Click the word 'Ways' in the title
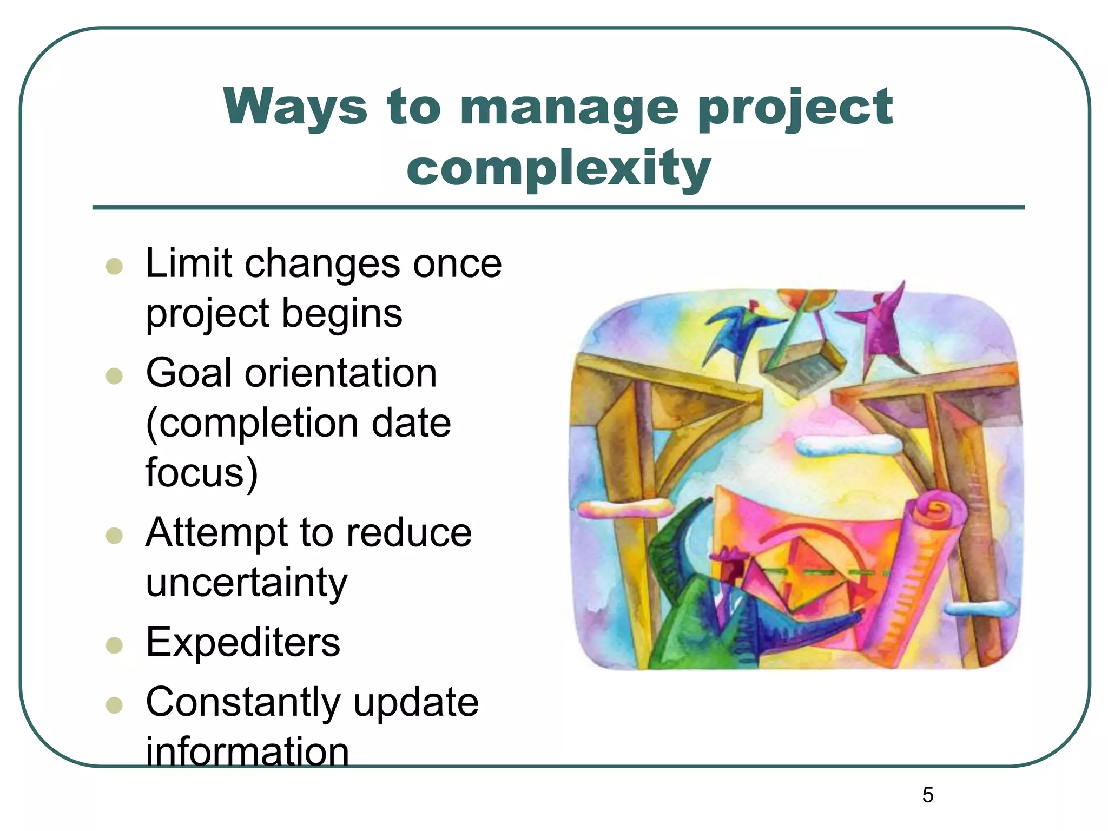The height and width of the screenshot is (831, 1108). [295, 107]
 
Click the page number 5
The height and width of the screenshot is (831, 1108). [927, 795]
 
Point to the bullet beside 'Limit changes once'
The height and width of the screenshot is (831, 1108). [114, 266]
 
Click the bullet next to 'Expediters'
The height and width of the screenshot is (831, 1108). [114, 645]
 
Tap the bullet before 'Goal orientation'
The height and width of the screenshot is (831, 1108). [114, 375]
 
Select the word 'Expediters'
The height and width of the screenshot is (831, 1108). [243, 643]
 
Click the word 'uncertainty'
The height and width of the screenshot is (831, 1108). [247, 583]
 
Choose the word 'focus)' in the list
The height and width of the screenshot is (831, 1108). [201, 472]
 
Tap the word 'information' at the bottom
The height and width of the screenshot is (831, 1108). [247, 751]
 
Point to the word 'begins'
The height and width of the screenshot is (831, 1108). [342, 314]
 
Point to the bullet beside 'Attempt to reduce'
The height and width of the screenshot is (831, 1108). [114, 536]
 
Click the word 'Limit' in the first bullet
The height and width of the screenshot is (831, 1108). [189, 264]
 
